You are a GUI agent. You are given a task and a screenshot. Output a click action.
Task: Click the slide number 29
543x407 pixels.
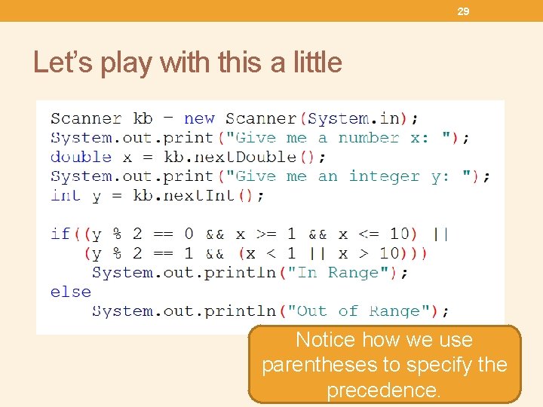[464, 11]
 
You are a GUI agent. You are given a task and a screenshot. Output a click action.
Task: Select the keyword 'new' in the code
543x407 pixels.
[199, 118]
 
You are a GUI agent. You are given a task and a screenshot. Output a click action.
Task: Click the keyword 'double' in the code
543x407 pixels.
[81, 157]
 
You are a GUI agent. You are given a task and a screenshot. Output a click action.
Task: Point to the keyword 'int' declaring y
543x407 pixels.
[66, 195]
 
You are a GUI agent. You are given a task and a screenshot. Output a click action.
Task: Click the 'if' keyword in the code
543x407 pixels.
[60, 234]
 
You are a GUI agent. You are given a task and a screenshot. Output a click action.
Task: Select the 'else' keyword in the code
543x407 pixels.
[70, 292]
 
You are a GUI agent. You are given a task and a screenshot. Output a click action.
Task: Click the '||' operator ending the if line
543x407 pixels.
[440, 234]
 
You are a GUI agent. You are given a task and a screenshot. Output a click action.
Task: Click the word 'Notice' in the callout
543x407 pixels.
[325, 340]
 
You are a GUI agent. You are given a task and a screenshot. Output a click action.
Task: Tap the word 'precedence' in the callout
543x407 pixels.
[382, 390]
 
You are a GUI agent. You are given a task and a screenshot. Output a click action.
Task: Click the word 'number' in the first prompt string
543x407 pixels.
[368, 137]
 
